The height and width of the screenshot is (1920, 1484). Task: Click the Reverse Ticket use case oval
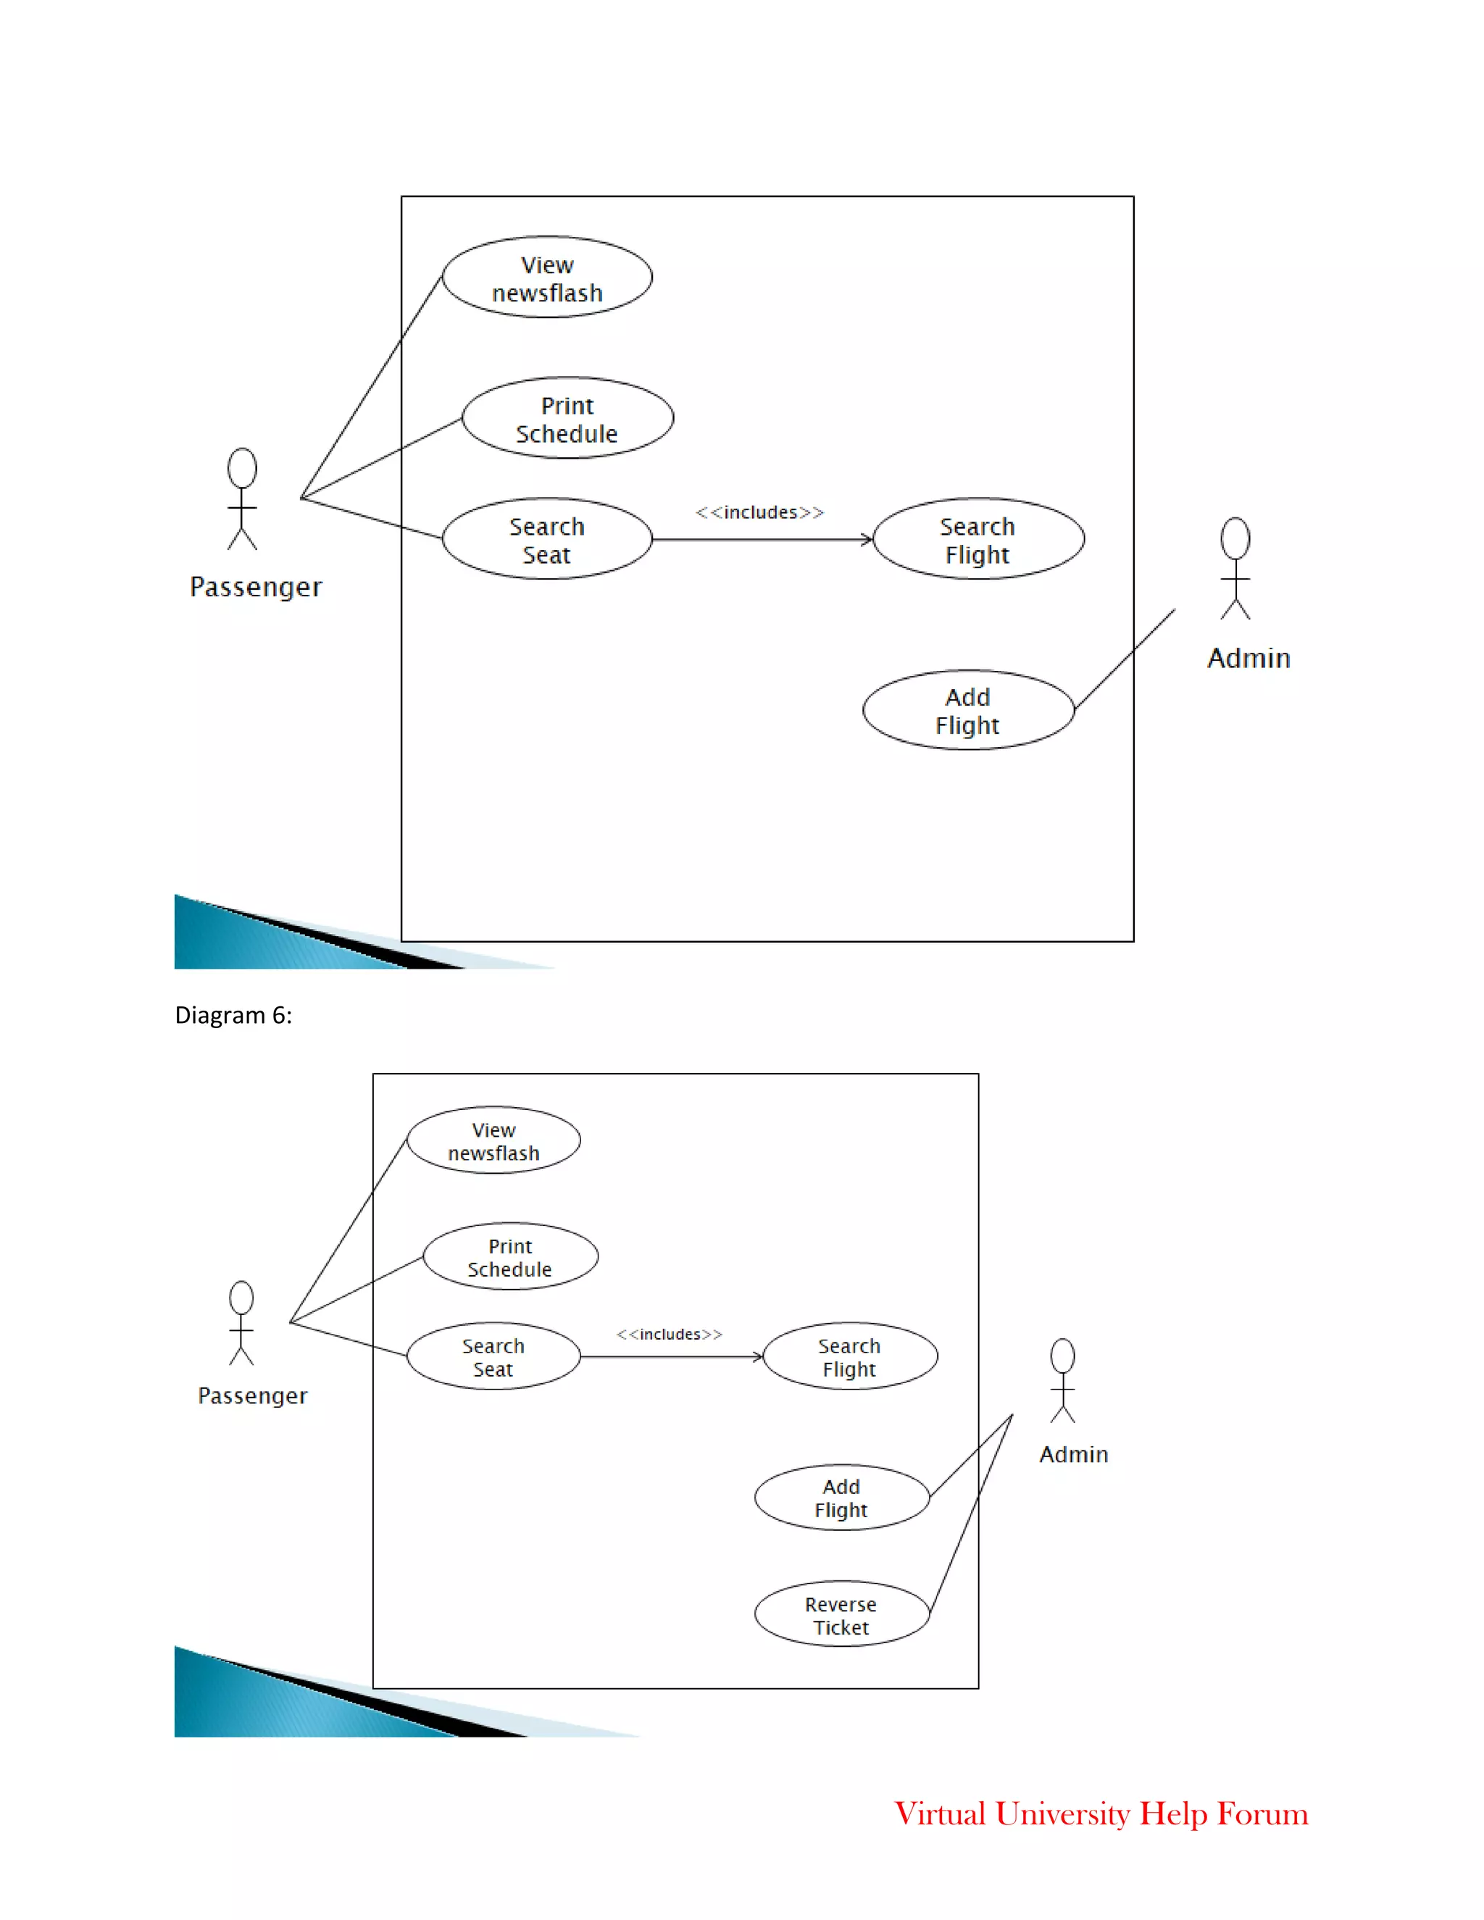841,1614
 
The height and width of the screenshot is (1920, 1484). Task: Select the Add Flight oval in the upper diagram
968,710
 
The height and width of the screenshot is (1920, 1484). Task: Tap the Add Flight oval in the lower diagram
841,1497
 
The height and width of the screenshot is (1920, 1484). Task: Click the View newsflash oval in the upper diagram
547,277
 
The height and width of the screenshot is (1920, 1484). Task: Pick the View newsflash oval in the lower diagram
493,1140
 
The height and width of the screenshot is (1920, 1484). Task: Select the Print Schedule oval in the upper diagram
567,419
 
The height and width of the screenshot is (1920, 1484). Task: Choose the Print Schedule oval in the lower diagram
510,1256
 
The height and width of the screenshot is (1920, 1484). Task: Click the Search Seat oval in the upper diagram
547,539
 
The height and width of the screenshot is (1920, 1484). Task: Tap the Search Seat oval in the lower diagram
493,1356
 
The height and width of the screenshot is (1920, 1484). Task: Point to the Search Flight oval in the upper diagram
977,539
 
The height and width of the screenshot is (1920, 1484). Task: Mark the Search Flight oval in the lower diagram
849,1356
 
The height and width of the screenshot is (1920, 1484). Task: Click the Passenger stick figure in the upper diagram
243,498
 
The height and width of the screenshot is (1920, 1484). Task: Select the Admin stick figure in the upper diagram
1235,568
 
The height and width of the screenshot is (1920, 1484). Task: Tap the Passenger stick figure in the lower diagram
242,1323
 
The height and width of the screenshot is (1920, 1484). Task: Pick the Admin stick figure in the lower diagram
1063,1380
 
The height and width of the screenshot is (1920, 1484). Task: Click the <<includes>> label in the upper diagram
759,512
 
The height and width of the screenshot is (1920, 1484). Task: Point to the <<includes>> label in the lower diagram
669,1334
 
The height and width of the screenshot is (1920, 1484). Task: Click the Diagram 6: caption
233,1015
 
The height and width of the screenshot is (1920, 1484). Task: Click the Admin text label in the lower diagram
1073,1454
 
